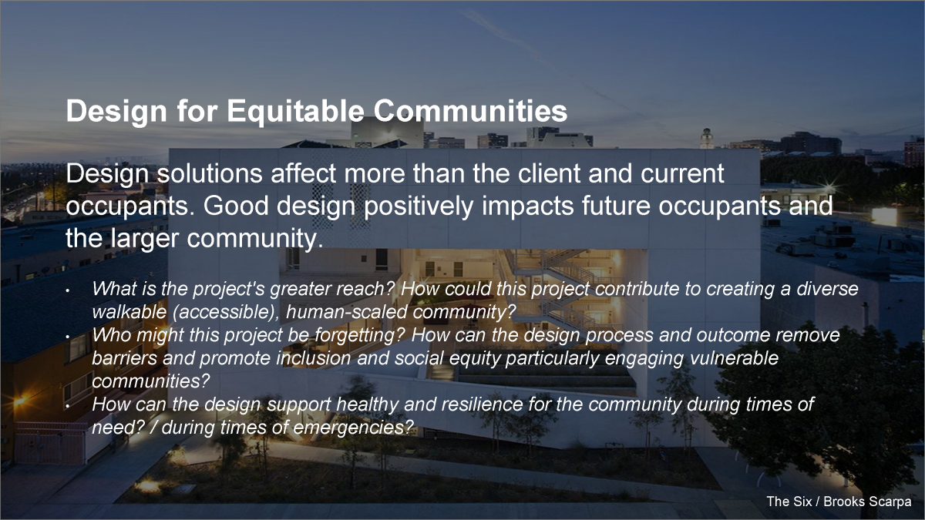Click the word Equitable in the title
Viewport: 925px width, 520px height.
tap(295, 111)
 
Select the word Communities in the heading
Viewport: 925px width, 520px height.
tap(470, 111)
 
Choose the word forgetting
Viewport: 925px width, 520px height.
tap(359, 336)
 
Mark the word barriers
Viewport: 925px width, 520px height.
tap(124, 358)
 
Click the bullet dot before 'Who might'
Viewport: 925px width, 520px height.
tap(67, 337)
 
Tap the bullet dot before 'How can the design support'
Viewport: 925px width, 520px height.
tap(67, 406)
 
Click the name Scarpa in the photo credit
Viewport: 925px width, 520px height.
tap(890, 502)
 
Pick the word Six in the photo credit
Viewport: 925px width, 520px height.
tap(802, 502)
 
